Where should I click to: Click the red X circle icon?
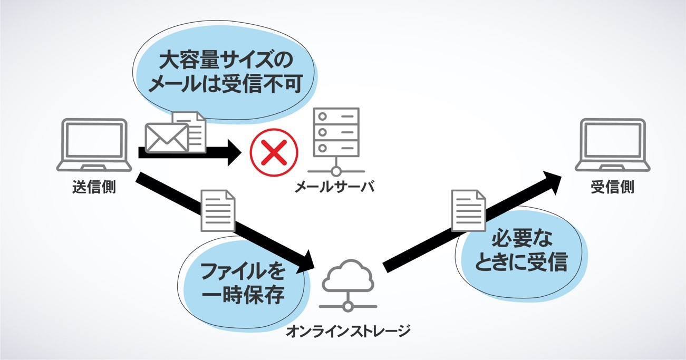click(x=274, y=153)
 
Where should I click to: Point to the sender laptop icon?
click(x=94, y=144)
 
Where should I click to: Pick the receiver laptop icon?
click(x=612, y=144)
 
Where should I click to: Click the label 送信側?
click(x=94, y=187)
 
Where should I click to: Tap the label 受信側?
click(x=612, y=188)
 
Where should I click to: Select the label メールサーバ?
click(x=334, y=187)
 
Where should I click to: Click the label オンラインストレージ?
click(x=348, y=331)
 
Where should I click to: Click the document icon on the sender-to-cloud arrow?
click(x=218, y=211)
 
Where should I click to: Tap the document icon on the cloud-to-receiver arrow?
click(x=469, y=210)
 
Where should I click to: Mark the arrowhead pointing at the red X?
click(x=236, y=153)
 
